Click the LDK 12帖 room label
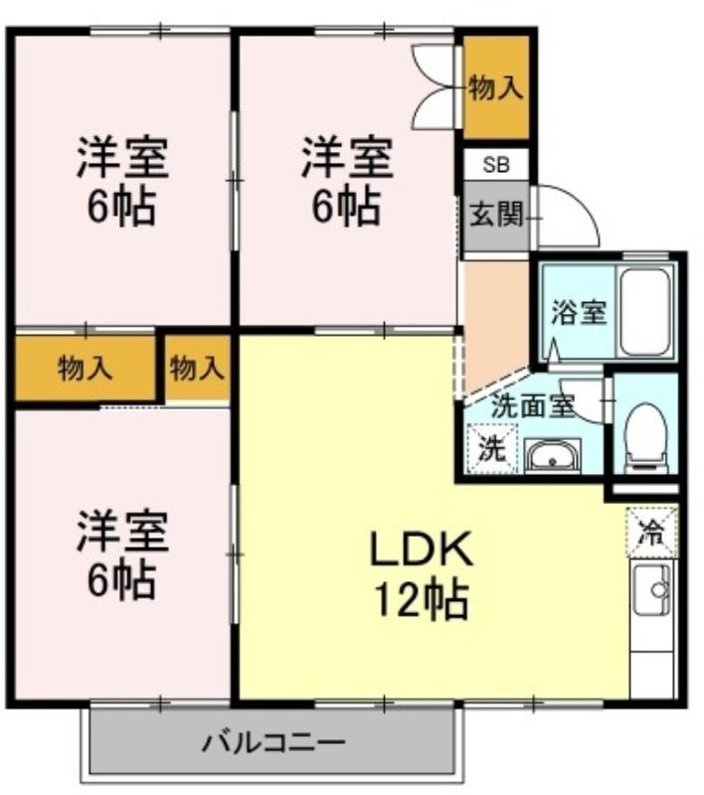(x=421, y=574)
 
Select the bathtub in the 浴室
(x=644, y=312)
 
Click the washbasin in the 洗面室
(x=552, y=456)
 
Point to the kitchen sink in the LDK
(x=652, y=589)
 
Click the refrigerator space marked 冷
(x=651, y=532)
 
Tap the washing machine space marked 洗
(x=492, y=449)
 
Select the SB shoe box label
(x=496, y=165)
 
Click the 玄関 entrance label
(x=495, y=215)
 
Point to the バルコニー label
(x=273, y=743)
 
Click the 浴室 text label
(x=578, y=312)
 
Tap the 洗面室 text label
(x=533, y=405)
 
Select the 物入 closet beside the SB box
(x=496, y=87)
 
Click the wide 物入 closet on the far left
(x=85, y=368)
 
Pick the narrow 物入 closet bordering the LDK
(x=197, y=368)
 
